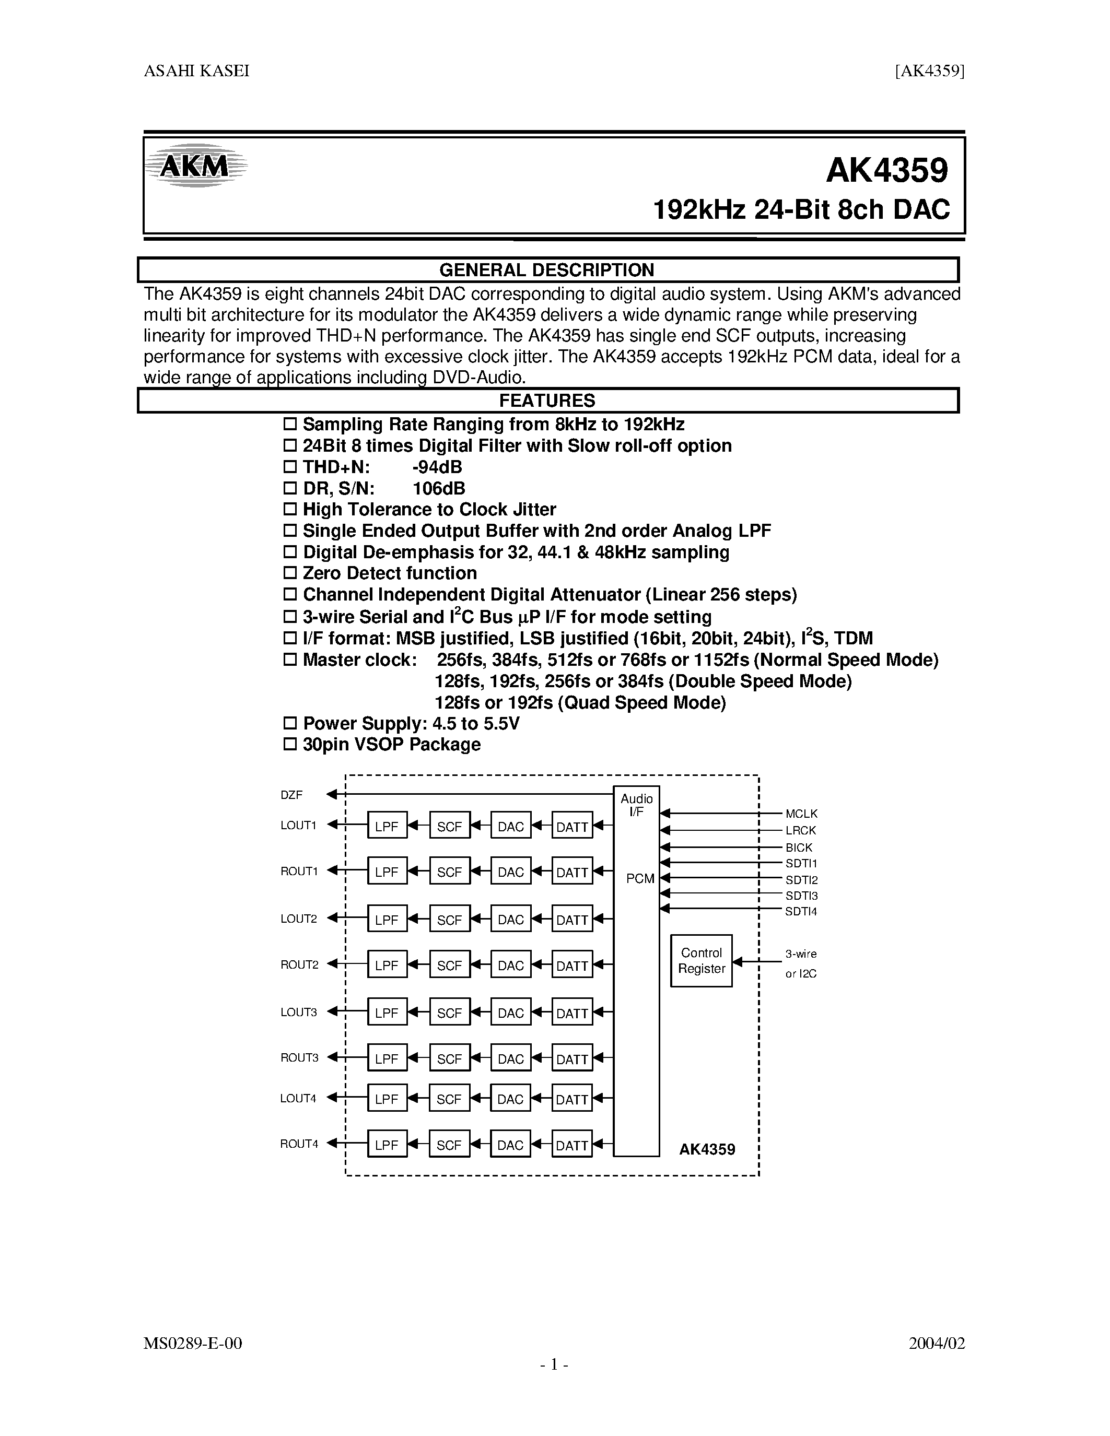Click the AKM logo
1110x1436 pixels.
tap(196, 166)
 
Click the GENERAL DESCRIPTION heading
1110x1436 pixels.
tap(546, 270)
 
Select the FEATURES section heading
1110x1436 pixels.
tap(546, 401)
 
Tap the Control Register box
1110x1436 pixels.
tap(701, 961)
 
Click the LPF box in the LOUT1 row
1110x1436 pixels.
tap(387, 827)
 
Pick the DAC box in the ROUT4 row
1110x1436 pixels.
tap(510, 1145)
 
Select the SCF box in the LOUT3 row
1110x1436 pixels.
tap(449, 1013)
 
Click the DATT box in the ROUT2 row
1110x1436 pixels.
tap(571, 966)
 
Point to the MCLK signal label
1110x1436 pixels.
tap(801, 814)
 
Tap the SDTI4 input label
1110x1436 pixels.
tap(801, 911)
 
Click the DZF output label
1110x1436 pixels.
tap(291, 795)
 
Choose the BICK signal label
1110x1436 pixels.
tap(799, 848)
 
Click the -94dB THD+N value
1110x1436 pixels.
tap(437, 467)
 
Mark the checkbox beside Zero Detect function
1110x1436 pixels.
tap(290, 573)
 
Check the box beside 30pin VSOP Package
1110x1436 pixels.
tap(290, 745)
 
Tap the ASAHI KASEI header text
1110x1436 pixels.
tap(196, 71)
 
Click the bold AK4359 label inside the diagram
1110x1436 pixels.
tap(707, 1149)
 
